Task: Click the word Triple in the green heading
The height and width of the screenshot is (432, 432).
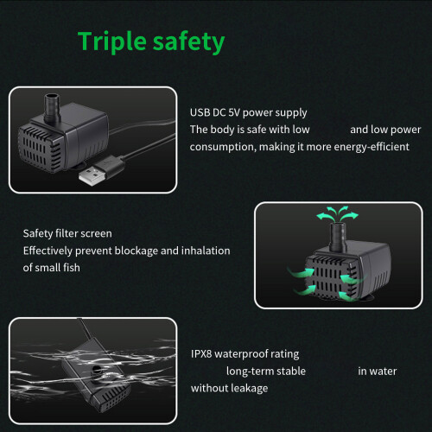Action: click(x=112, y=42)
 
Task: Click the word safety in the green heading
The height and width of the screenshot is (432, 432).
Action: click(x=188, y=42)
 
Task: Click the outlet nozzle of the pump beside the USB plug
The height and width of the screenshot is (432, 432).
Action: click(x=52, y=108)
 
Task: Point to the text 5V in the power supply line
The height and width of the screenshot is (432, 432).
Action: click(x=234, y=112)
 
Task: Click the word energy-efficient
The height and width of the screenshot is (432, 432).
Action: click(x=372, y=147)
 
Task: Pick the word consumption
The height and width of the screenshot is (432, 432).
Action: click(x=222, y=148)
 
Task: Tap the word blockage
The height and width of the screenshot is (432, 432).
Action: click(x=136, y=251)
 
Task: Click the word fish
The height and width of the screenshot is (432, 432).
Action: click(x=72, y=268)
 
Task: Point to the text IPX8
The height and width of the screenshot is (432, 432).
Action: click(x=201, y=353)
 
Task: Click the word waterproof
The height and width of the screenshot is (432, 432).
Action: click(x=241, y=354)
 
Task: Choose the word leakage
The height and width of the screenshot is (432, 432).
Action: click(x=246, y=389)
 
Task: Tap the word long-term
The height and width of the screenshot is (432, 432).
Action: click(x=246, y=372)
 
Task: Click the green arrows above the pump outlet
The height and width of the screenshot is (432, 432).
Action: click(x=337, y=214)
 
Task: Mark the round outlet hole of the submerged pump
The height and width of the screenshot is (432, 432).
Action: click(x=95, y=369)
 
